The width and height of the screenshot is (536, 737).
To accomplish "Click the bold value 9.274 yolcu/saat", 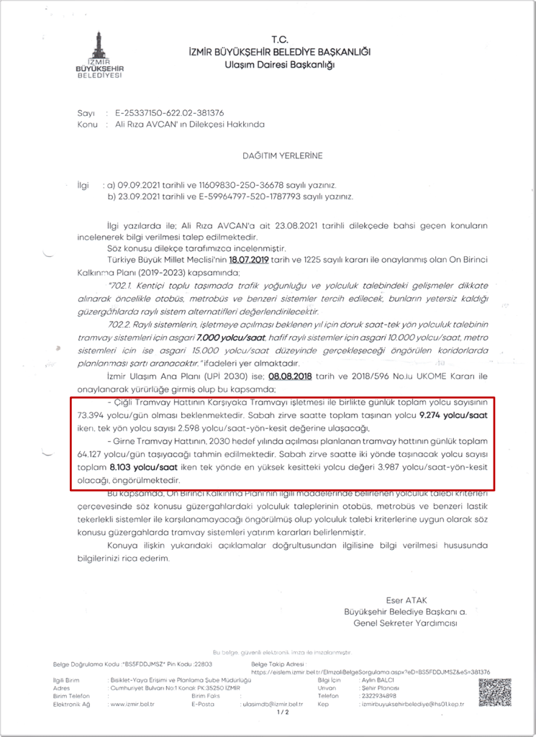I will pyautogui.click(x=455, y=415).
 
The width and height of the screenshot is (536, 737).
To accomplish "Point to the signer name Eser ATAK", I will pyautogui.click(x=406, y=599).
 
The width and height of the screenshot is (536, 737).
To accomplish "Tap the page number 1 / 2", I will pyautogui.click(x=282, y=713).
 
